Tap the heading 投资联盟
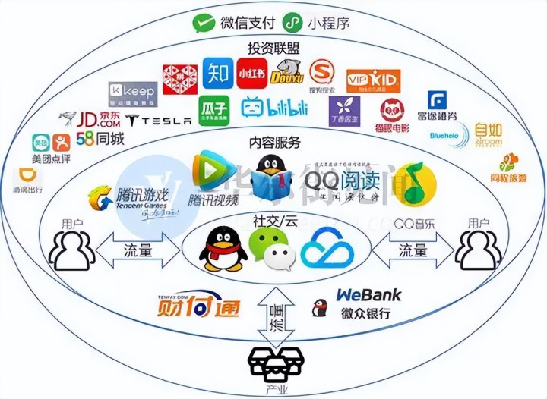[273, 49]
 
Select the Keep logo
[133, 93]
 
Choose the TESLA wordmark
[159, 121]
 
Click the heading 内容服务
[274, 143]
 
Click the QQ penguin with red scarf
[223, 250]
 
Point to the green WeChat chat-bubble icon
[270, 251]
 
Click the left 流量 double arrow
[136, 251]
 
